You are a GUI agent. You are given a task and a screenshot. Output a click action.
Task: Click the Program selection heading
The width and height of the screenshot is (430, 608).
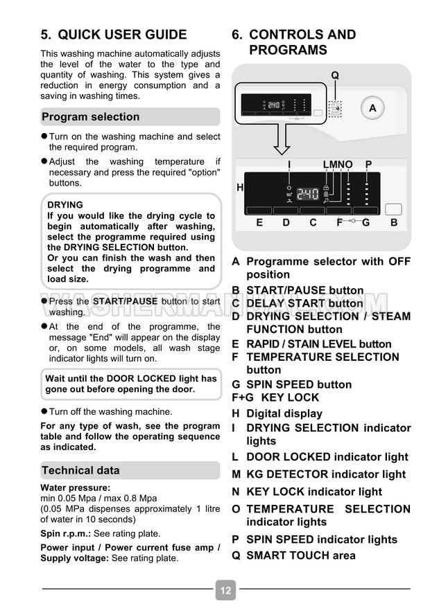91,117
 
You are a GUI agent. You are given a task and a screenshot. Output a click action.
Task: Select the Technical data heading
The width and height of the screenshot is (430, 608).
81,470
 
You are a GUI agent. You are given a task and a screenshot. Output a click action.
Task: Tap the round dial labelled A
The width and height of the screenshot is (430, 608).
372,108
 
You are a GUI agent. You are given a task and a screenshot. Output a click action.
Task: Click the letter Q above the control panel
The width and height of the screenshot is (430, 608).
335,75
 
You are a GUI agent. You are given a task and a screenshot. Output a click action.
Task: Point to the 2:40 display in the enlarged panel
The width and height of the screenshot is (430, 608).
308,194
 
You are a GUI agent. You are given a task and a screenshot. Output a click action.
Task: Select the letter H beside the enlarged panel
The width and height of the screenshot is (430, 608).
240,187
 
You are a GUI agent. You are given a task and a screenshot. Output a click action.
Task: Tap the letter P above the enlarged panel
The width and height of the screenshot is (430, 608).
368,164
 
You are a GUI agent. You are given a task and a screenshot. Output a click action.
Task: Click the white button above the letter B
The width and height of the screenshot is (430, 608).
393,208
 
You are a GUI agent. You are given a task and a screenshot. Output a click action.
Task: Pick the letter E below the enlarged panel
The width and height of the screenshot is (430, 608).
259,222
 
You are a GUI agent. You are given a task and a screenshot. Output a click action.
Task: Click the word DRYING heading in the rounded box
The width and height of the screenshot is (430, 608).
65,205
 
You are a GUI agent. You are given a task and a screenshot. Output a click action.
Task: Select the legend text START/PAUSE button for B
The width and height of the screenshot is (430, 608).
304,290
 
